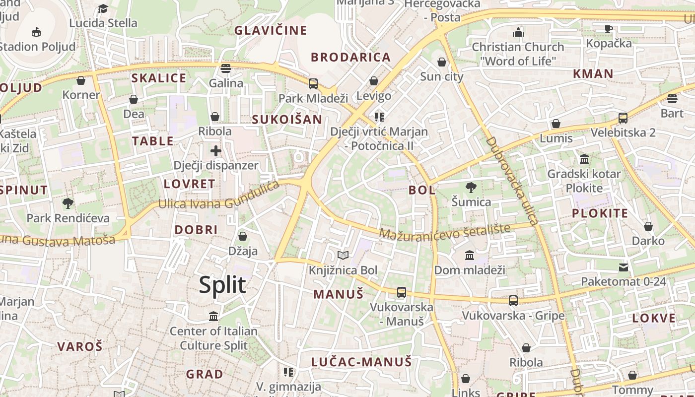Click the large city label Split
click(222, 285)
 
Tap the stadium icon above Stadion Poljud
click(36, 32)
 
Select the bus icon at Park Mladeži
click(313, 83)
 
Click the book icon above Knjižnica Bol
click(343, 256)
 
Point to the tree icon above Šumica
click(471, 187)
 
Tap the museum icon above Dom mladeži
click(469, 255)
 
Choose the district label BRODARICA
click(351, 57)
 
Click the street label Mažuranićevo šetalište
click(445, 231)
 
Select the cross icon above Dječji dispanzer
click(215, 151)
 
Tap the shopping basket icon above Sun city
click(441, 62)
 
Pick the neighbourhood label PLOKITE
click(600, 213)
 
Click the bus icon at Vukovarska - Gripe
click(513, 301)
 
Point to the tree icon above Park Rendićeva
click(68, 203)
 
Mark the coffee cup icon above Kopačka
click(609, 29)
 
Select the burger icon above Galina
click(226, 68)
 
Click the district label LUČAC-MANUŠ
click(361, 362)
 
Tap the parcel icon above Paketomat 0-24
click(624, 267)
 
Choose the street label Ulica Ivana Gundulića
click(219, 197)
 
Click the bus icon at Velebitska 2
click(623, 118)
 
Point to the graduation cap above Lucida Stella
click(103, 8)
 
